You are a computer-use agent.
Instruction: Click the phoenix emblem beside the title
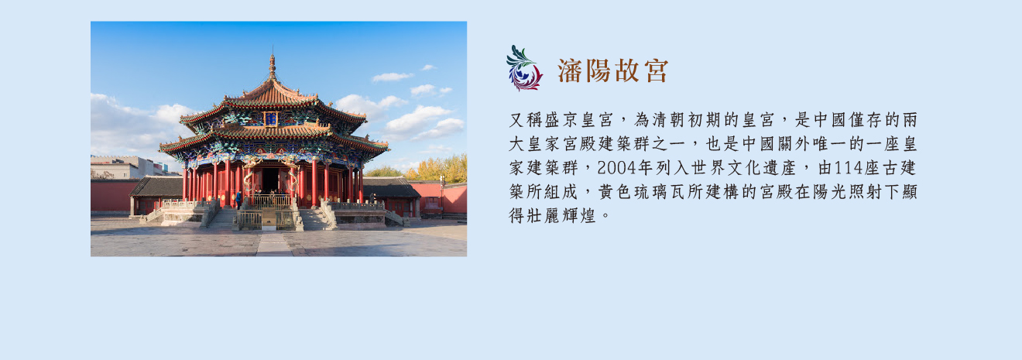(524, 68)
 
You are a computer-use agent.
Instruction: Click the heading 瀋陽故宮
(612, 70)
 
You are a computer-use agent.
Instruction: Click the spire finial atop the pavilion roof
(273, 65)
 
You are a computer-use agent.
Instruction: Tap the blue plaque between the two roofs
(271, 119)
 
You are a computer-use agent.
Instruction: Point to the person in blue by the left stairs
(238, 200)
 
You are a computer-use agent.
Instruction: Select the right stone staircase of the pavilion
(315, 219)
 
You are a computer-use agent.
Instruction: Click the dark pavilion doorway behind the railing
(270, 180)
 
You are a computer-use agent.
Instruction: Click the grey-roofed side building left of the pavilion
(157, 194)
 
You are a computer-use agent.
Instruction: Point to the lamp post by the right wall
(441, 194)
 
